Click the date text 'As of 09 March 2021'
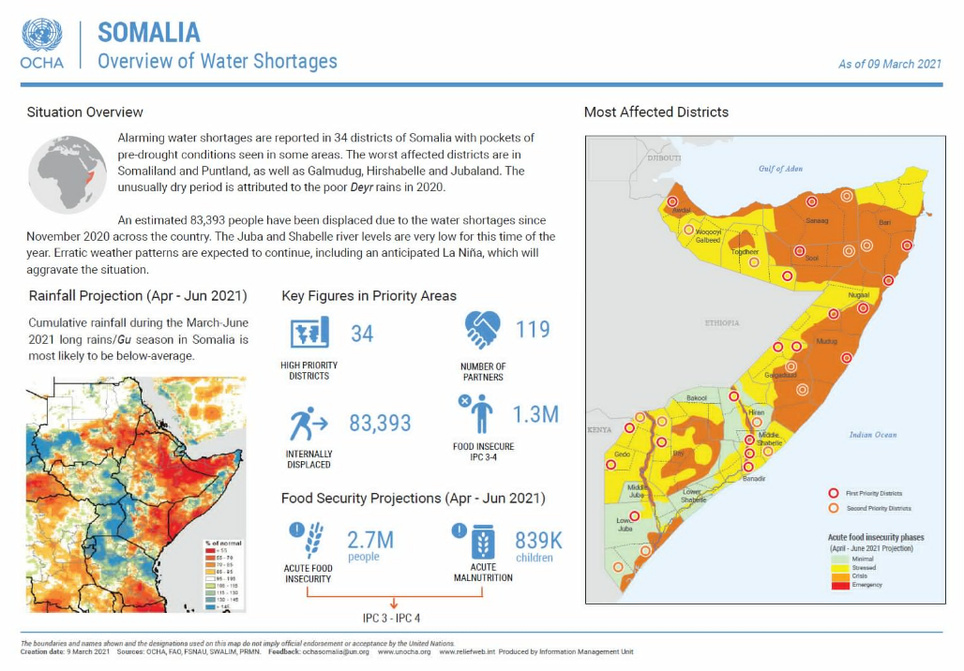[x=889, y=64]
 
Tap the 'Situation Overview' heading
[x=85, y=112]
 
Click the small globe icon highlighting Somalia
[x=68, y=174]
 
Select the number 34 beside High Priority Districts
[x=362, y=333]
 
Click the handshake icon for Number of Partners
[x=484, y=329]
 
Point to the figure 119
[x=533, y=330]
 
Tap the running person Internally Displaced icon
[x=308, y=424]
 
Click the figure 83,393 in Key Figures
[x=380, y=424]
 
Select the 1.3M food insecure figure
[x=535, y=413]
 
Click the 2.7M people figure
[x=370, y=540]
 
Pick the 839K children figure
[x=538, y=541]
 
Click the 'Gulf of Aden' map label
[x=780, y=169]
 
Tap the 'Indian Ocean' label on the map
[x=872, y=435]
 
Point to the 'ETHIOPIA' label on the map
[x=722, y=322]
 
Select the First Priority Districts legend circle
[x=832, y=493]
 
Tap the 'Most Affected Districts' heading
[x=655, y=112]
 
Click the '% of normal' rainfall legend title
[x=223, y=543]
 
